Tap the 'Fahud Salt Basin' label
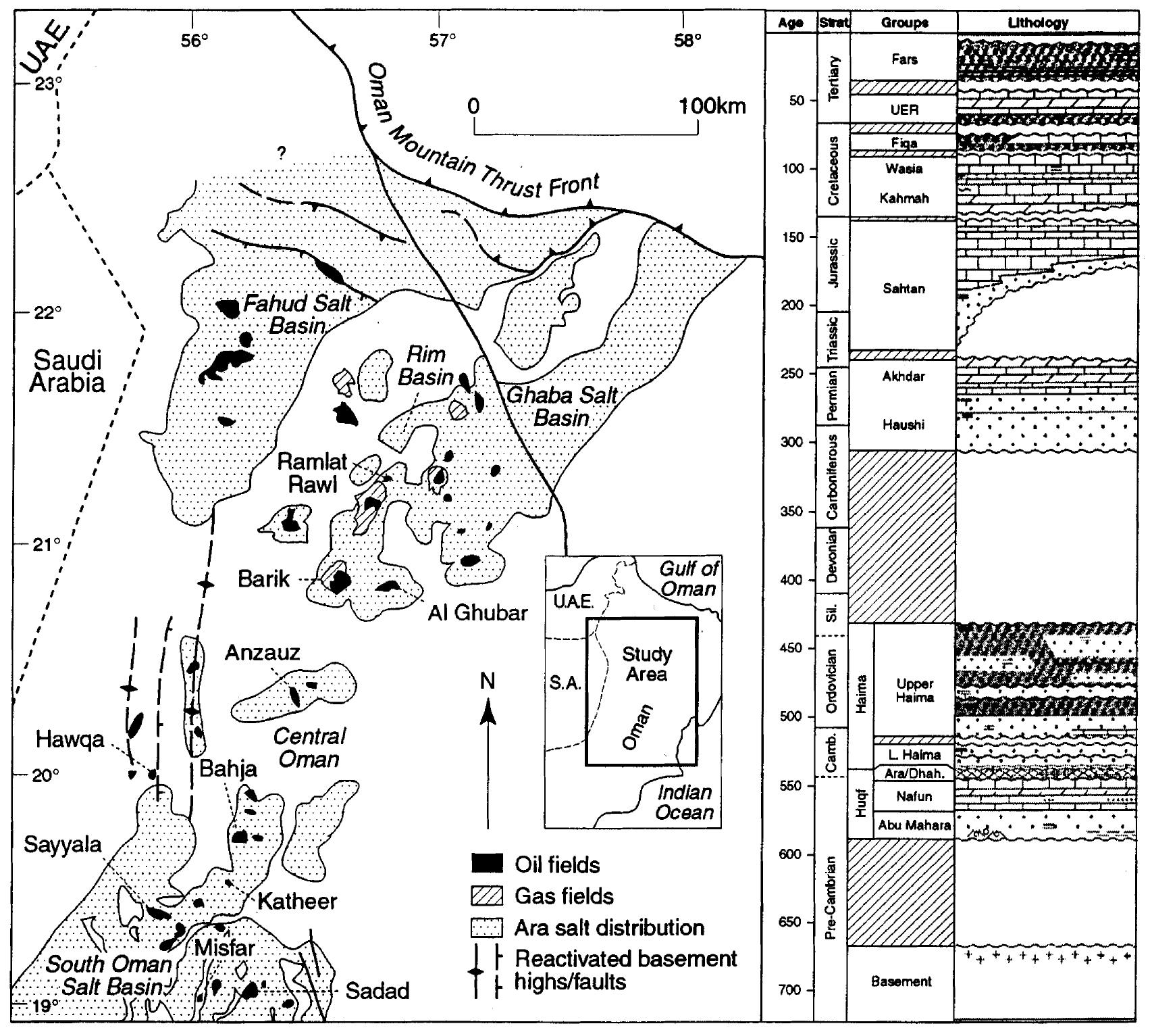click(x=297, y=314)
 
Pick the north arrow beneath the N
click(x=488, y=764)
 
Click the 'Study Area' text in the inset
click(x=647, y=664)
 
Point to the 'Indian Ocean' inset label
click(x=684, y=802)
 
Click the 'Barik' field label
click(x=263, y=579)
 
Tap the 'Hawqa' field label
click(x=71, y=740)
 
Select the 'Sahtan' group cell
click(x=904, y=289)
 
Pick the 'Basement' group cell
click(x=902, y=981)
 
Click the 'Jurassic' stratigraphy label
click(x=834, y=264)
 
